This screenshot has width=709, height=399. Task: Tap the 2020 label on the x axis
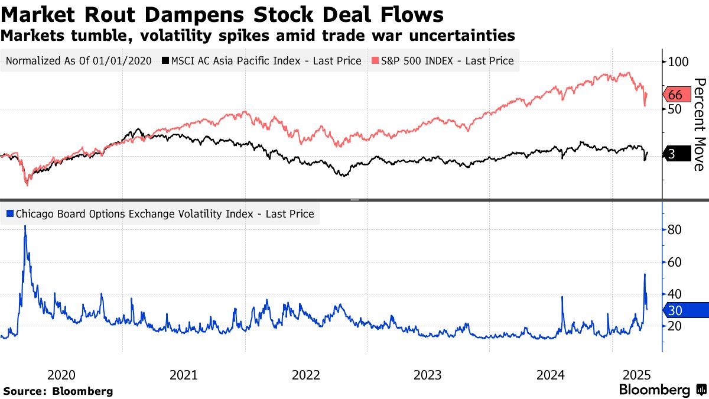pyautogui.click(x=61, y=375)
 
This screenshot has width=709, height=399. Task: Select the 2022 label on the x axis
pyautogui.click(x=305, y=375)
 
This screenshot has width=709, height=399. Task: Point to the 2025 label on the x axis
pyautogui.click(x=638, y=375)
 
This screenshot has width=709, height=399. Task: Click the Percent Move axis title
pyautogui.click(x=699, y=124)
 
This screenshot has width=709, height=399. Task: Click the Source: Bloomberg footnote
pyautogui.click(x=58, y=391)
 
